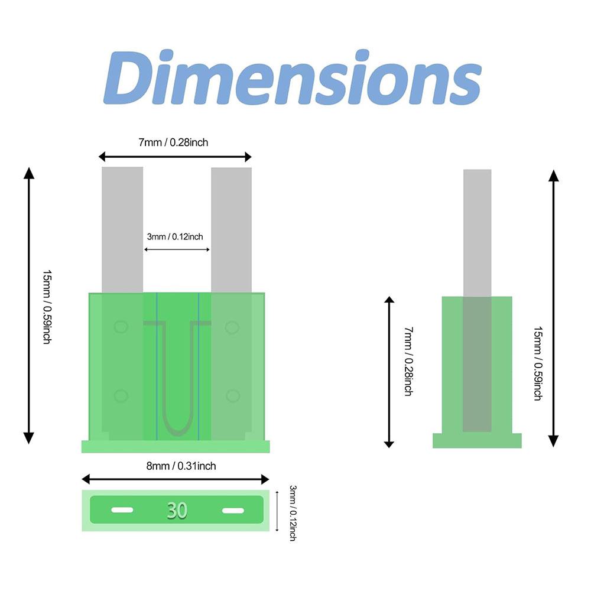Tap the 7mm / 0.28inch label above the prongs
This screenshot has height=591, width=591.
[x=173, y=142]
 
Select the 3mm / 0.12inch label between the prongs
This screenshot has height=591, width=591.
[x=175, y=237]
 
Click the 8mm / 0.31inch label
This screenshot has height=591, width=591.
[x=181, y=466]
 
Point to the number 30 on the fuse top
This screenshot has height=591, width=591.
[x=177, y=511]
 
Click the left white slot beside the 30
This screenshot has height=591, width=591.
[x=122, y=510]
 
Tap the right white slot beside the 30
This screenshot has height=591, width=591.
[x=233, y=511]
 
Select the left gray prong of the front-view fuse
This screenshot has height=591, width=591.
[x=122, y=229]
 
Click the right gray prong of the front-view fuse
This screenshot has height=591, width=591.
[x=232, y=230]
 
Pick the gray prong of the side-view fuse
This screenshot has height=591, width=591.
[x=477, y=233]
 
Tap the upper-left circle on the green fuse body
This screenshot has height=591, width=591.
[x=121, y=327]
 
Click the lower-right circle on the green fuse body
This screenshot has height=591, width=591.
[x=232, y=396]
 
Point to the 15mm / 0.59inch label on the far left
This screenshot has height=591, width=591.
[x=47, y=307]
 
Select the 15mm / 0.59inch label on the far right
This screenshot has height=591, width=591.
[x=538, y=363]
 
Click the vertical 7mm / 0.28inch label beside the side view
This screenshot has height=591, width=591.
[x=408, y=362]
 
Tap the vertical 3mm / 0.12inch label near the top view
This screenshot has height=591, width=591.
[x=293, y=513]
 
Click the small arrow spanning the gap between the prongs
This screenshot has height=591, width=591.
[x=177, y=249]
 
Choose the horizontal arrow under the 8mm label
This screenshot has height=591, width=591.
[x=176, y=479]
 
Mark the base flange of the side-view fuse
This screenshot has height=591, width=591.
[x=477, y=441]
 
